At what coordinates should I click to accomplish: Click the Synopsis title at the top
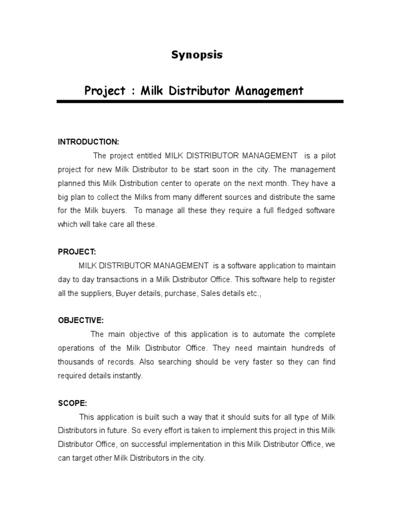point(197,55)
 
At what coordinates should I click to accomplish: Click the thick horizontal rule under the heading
point(200,102)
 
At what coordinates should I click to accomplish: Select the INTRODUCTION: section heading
point(88,141)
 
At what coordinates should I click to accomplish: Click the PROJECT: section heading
point(77,252)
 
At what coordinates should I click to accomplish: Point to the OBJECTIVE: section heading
point(81,321)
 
